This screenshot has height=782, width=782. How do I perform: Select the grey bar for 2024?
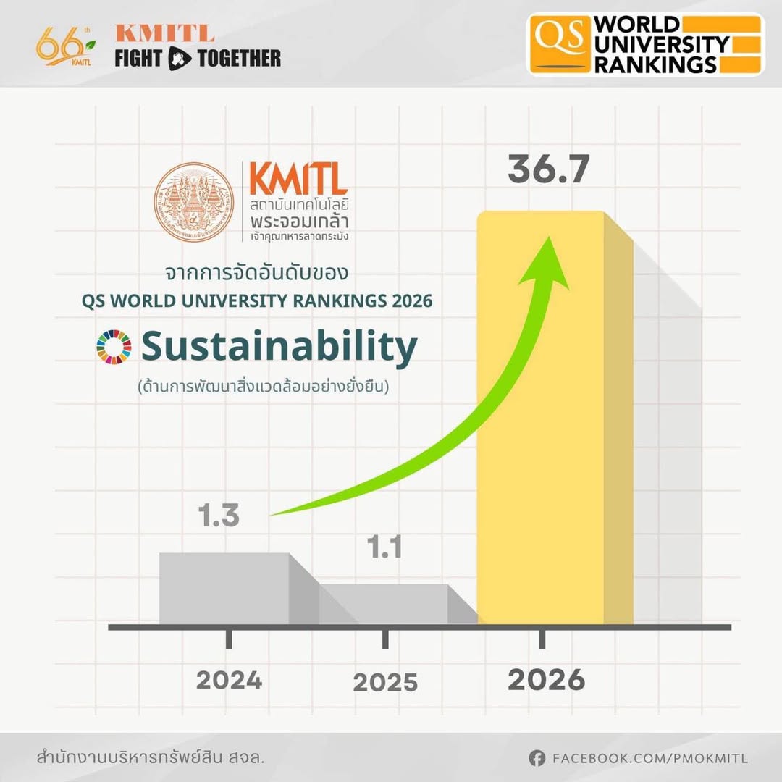click(x=224, y=588)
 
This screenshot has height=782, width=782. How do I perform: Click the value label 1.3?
click(x=219, y=517)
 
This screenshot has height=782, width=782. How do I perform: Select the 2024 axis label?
click(x=229, y=680)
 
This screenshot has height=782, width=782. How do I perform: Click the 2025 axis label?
click(x=385, y=683)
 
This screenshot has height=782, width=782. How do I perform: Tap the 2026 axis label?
click(x=546, y=679)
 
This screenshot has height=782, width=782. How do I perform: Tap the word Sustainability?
click(x=279, y=348)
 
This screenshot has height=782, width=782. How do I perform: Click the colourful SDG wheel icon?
click(x=114, y=347)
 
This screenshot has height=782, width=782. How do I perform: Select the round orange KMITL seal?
click(x=194, y=202)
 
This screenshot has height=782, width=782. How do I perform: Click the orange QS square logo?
click(x=560, y=43)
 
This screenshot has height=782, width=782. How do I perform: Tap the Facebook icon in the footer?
click(x=537, y=758)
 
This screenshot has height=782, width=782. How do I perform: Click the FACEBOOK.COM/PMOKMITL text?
click(x=649, y=759)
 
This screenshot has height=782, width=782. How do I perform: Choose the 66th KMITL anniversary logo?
click(x=62, y=46)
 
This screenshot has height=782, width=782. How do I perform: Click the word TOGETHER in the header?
click(x=239, y=58)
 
